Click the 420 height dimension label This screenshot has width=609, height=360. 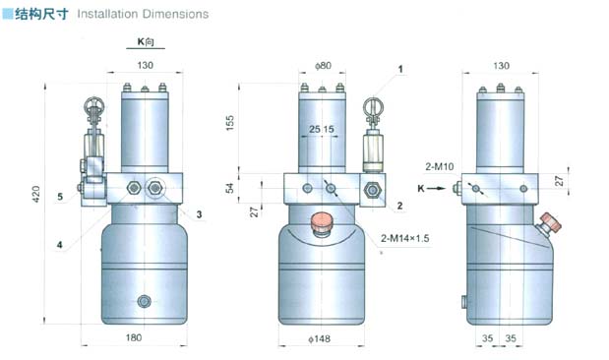coord(35,194)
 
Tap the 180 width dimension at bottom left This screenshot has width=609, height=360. coord(134,337)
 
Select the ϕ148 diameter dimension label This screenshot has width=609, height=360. coord(320,339)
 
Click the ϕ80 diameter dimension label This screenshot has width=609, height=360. coord(323,66)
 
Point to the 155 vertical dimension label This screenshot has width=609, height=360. coord(230,123)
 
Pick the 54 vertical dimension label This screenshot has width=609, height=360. coord(230,188)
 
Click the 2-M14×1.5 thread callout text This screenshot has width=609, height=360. coord(404,238)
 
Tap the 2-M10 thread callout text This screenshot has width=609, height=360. coord(439,166)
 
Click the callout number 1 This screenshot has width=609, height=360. coord(400,70)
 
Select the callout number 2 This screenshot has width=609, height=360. coord(399,206)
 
